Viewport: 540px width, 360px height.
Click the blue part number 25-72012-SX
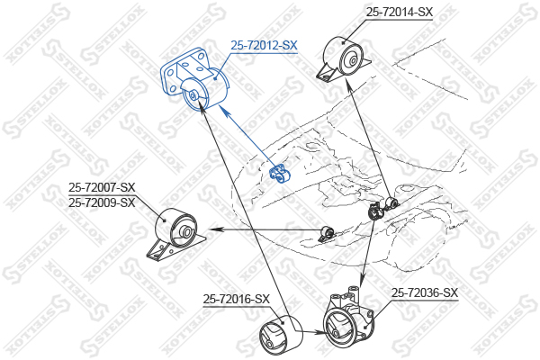click(x=264, y=45)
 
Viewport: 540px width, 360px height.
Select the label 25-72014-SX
click(x=399, y=13)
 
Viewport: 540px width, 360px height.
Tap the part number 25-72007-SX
click(x=102, y=188)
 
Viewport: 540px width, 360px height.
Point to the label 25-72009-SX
click(x=102, y=202)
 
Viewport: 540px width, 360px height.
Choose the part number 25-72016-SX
click(x=236, y=299)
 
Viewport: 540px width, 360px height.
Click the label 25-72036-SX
click(x=425, y=292)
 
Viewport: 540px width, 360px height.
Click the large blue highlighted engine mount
click(x=194, y=80)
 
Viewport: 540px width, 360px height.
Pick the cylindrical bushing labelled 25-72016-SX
click(x=281, y=335)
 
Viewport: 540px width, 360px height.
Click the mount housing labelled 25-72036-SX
click(x=348, y=317)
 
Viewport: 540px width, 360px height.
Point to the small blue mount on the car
click(x=279, y=174)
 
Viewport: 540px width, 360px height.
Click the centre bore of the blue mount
click(x=193, y=95)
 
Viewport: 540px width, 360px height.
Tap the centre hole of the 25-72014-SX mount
click(x=354, y=61)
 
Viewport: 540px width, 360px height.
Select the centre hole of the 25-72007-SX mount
click(x=186, y=231)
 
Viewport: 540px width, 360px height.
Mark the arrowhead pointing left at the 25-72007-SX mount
click(x=214, y=229)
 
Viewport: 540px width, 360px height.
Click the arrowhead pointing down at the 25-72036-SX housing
click(x=362, y=279)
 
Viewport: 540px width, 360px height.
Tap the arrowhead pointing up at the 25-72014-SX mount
click(x=348, y=85)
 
